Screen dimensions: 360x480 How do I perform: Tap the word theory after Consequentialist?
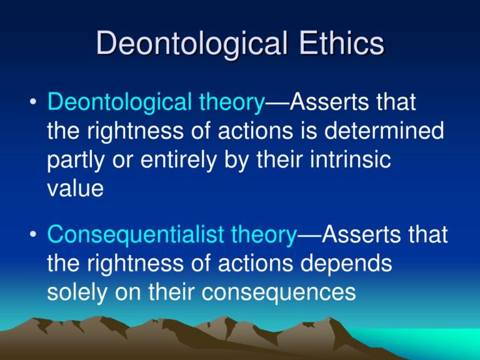click(263, 235)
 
